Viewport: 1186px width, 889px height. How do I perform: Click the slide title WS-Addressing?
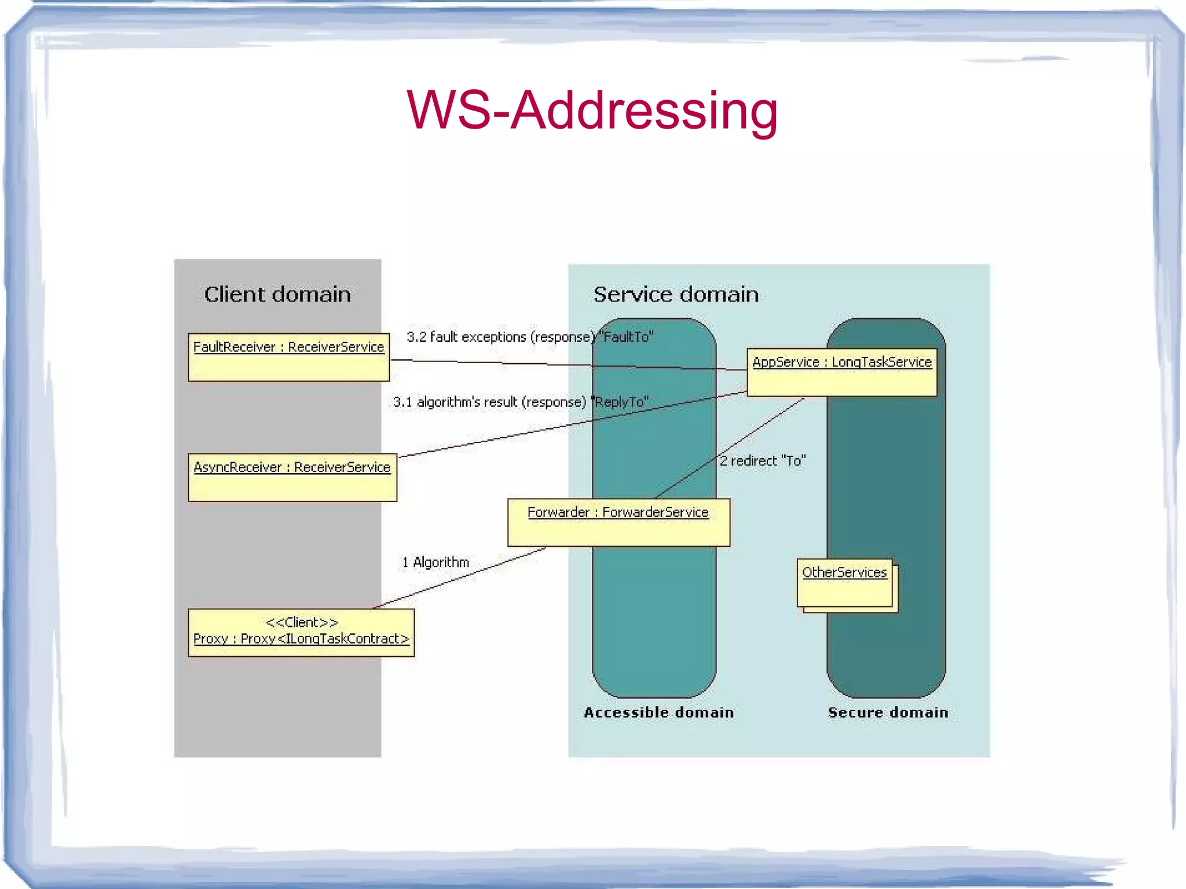pos(592,110)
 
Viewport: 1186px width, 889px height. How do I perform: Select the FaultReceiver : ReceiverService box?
pos(288,357)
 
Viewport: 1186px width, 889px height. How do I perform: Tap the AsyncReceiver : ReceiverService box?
pos(292,477)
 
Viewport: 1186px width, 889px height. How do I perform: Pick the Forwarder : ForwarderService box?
pos(618,522)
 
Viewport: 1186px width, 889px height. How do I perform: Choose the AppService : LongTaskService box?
pos(841,372)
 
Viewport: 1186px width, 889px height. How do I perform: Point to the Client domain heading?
pos(277,294)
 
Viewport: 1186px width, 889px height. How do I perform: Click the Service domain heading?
pos(676,294)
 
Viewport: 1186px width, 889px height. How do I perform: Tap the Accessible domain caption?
pos(658,712)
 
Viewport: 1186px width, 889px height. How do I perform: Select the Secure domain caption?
pos(888,712)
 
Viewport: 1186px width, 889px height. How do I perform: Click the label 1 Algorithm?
pos(435,562)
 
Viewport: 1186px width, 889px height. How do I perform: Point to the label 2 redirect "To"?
pos(763,461)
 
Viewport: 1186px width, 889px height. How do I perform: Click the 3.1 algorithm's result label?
pos(489,402)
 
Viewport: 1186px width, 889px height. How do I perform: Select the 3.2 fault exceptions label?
pos(501,337)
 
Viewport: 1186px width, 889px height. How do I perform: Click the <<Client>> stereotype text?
pos(301,623)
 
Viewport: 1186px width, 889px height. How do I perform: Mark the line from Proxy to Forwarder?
pos(460,577)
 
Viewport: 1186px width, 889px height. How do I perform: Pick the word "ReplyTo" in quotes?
pos(620,402)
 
